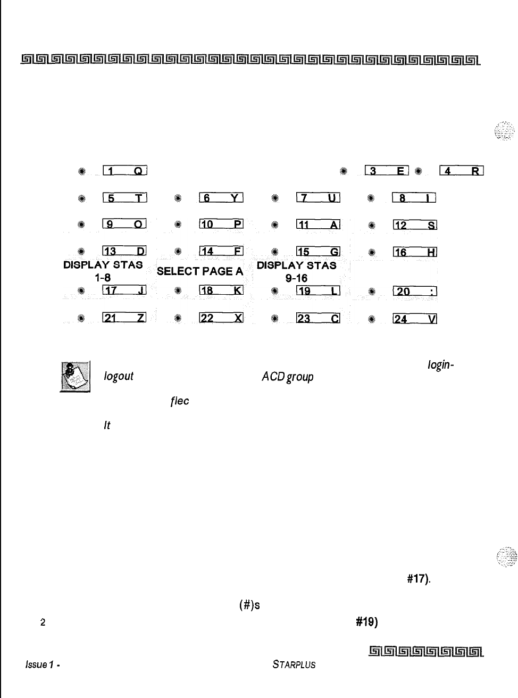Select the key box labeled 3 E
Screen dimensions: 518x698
(x=387, y=171)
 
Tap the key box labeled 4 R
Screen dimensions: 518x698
(x=461, y=171)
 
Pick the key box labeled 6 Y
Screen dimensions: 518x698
(x=221, y=198)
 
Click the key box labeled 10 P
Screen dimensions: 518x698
(x=221, y=225)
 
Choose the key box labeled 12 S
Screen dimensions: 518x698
(x=414, y=225)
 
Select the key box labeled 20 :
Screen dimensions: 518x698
(x=414, y=291)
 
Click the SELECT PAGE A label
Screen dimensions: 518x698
(x=200, y=271)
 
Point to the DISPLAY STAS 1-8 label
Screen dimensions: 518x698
(x=103, y=271)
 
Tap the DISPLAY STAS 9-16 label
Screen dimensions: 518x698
(x=297, y=271)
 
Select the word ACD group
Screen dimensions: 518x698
(x=287, y=377)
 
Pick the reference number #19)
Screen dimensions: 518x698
(x=366, y=622)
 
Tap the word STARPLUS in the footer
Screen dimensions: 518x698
(x=294, y=664)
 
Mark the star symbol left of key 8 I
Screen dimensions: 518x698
(x=371, y=198)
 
